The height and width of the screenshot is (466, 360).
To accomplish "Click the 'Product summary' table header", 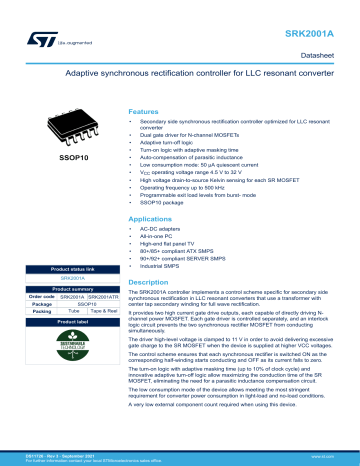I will (68, 288).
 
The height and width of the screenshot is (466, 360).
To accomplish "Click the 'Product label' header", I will (68, 321).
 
